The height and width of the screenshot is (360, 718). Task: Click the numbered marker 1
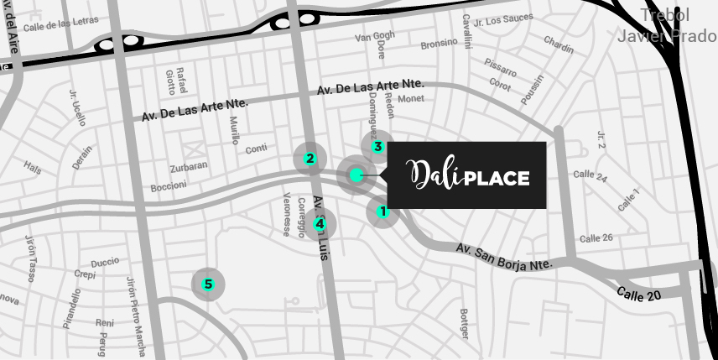(383, 211)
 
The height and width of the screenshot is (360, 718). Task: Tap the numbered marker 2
(310, 159)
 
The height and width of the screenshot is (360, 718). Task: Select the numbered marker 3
(378, 147)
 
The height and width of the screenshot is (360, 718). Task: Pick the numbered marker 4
(320, 224)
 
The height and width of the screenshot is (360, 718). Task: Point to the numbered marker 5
(208, 284)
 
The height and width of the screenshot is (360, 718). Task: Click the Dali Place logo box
(467, 175)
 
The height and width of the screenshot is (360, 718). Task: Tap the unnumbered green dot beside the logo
(356, 175)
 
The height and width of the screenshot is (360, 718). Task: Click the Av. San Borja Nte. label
(505, 257)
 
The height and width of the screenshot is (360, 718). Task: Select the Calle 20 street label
(639, 294)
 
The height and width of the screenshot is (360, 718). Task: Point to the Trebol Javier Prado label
(666, 26)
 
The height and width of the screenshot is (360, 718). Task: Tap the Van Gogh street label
(374, 36)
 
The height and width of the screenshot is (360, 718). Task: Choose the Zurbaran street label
(188, 167)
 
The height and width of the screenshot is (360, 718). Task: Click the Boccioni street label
(169, 186)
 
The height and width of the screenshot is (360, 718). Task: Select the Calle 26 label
(596, 238)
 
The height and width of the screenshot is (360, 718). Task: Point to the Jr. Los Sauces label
(503, 19)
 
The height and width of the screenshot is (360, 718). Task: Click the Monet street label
(411, 99)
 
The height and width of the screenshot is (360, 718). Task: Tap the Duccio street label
(105, 262)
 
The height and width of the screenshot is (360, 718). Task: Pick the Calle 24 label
(590, 175)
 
